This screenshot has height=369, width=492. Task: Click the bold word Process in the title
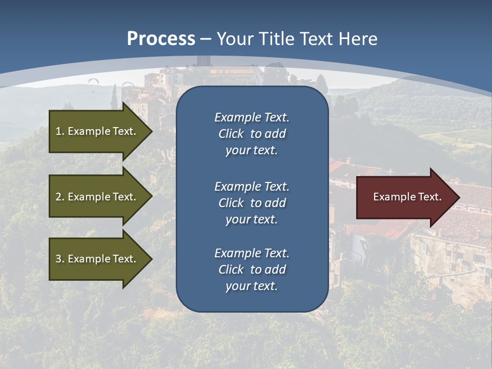[161, 38]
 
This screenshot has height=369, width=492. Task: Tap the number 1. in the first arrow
[60, 131]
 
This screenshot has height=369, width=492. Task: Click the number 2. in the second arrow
[60, 197]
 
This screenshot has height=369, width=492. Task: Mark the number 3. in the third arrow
[60, 259]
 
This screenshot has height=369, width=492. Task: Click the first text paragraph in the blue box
[252, 134]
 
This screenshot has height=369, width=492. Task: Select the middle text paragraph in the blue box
[252, 203]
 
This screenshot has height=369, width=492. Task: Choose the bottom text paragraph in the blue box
[252, 270]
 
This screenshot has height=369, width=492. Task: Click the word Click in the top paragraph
[231, 134]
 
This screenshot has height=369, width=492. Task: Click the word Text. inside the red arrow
[427, 197]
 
